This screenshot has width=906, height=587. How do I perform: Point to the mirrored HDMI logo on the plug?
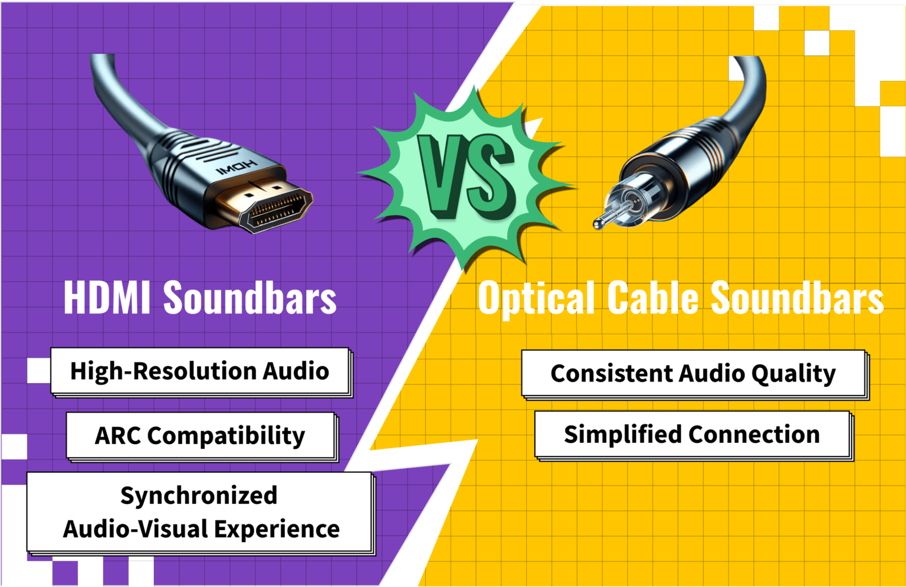(236, 168)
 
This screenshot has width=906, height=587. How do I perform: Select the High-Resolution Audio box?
(200, 371)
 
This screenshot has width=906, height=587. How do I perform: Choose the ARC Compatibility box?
(201, 436)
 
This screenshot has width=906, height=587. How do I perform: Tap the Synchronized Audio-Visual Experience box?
(201, 512)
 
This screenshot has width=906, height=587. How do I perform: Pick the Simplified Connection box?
(692, 435)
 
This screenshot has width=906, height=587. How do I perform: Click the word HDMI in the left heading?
(107, 297)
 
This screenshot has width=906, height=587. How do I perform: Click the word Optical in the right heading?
(536, 298)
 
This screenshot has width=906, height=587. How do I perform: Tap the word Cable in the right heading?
(653, 298)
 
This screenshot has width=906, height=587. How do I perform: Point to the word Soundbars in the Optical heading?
(797, 298)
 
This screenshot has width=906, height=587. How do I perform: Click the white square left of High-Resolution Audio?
(39, 370)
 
